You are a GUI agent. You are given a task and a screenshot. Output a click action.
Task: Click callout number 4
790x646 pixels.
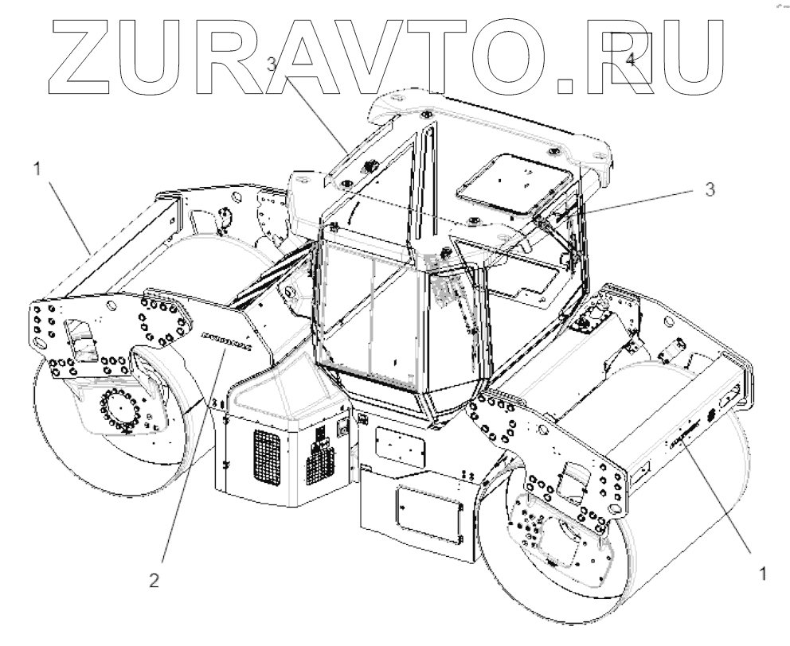click(630, 60)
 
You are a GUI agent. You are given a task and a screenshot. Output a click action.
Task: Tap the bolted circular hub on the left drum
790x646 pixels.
click(121, 411)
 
